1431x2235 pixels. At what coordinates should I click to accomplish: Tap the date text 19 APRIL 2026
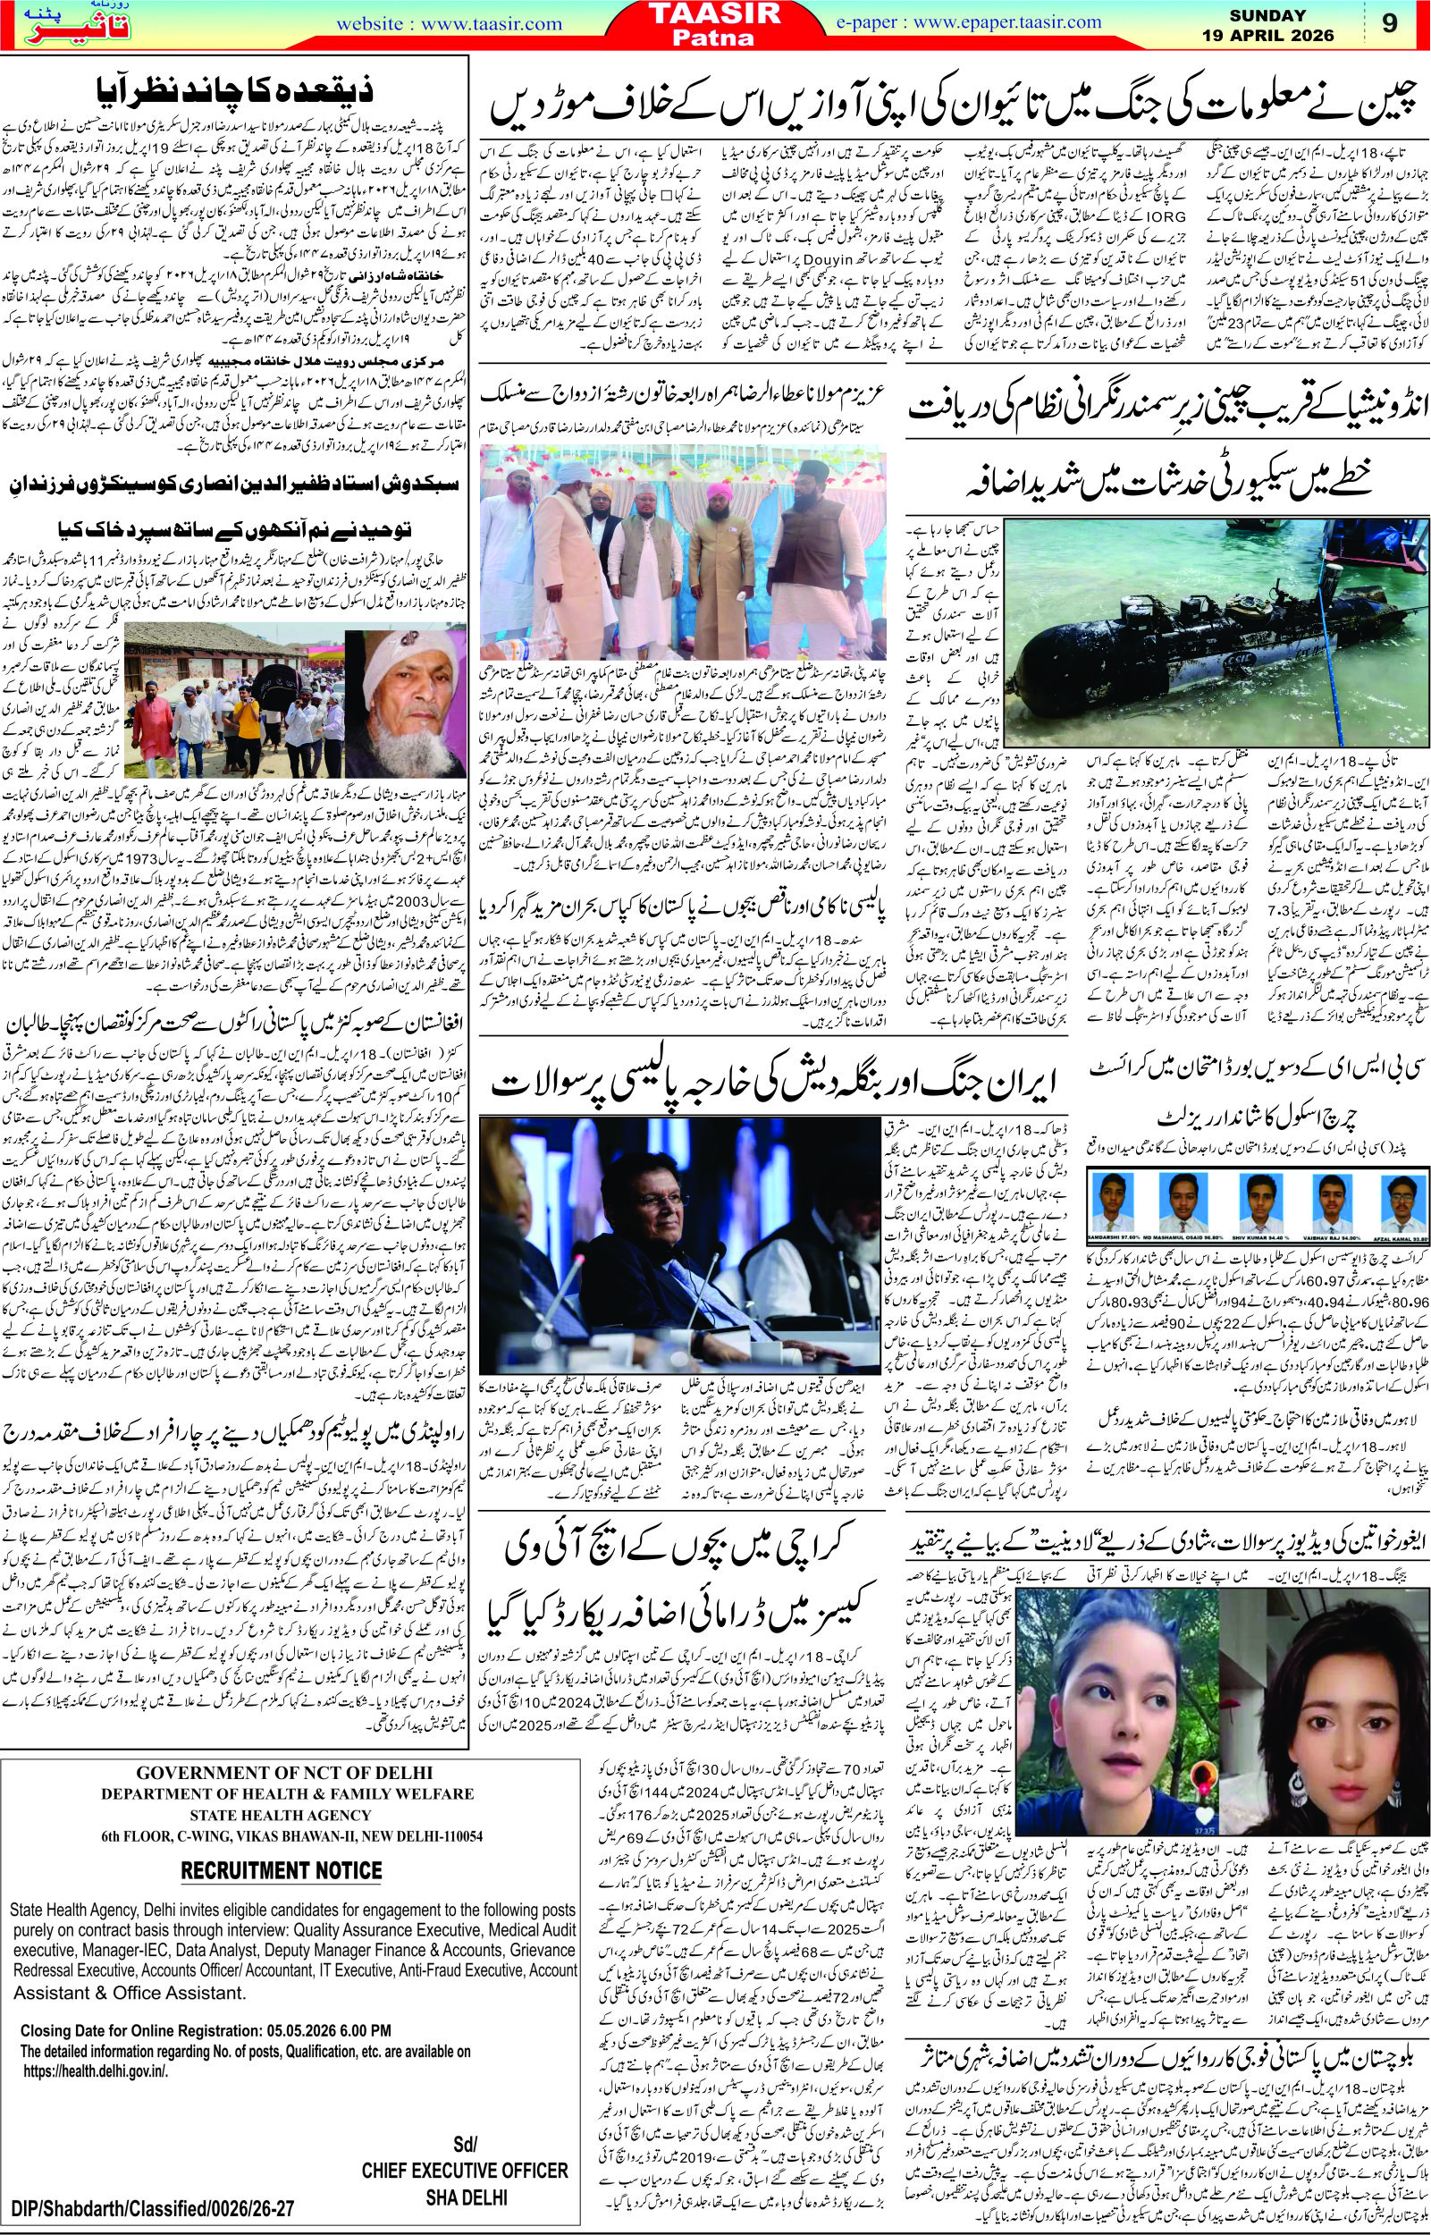click(x=1279, y=37)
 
